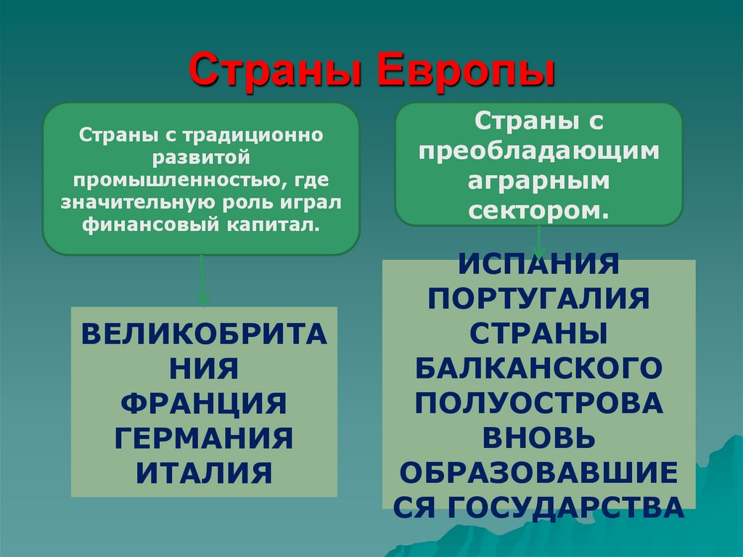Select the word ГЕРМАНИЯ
click(x=204, y=438)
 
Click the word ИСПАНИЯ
click(x=538, y=264)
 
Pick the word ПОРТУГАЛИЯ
click(x=538, y=298)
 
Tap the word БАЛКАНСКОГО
click(x=538, y=367)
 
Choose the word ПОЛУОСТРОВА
click(x=538, y=402)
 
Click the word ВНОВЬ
click(x=538, y=437)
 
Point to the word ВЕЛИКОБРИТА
click(x=204, y=336)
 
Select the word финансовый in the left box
click(x=145, y=225)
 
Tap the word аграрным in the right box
click(x=538, y=181)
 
